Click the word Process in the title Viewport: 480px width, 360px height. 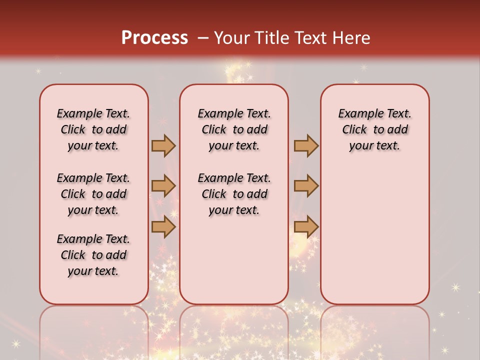[154, 38]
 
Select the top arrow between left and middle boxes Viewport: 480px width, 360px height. [163, 145]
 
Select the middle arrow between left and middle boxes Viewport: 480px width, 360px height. [163, 186]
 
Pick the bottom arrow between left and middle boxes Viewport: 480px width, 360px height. [163, 226]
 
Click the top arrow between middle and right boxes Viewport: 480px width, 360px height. [306, 145]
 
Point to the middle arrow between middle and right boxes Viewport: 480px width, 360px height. [306, 186]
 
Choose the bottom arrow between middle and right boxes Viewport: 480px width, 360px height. [306, 226]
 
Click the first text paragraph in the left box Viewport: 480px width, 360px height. [93, 129]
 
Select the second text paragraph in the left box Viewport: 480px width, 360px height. [93, 194]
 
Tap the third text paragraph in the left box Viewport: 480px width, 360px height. [93, 255]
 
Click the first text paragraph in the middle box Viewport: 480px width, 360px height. [234, 129]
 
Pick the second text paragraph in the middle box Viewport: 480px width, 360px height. [234, 194]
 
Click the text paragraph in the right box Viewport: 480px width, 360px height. [374, 129]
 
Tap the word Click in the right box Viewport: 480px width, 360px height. [354, 130]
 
